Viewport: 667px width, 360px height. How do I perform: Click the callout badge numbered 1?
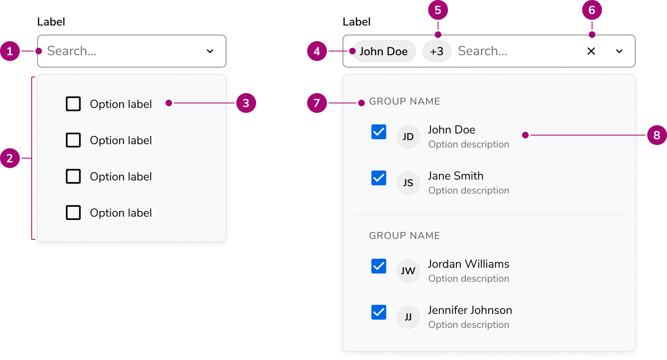click(10, 51)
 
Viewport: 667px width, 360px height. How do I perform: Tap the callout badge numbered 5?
click(438, 10)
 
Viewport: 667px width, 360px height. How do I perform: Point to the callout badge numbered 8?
click(657, 135)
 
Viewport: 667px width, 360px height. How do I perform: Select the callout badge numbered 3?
click(246, 103)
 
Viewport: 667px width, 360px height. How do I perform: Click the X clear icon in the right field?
click(591, 51)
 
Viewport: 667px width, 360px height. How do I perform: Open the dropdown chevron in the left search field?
click(210, 51)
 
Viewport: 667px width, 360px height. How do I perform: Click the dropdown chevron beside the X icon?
click(619, 51)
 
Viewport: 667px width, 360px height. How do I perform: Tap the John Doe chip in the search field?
click(384, 51)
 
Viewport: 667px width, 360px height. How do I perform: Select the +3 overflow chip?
click(436, 51)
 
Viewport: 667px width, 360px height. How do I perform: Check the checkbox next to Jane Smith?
click(379, 178)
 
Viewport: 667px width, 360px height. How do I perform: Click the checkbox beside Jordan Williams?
click(379, 266)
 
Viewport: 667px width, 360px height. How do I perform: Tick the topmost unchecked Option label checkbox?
click(73, 104)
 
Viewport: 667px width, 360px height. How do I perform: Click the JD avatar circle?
click(408, 137)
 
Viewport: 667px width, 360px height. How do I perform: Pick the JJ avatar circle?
click(408, 317)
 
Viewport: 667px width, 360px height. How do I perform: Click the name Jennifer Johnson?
click(470, 311)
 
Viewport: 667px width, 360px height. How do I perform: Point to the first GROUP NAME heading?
click(404, 101)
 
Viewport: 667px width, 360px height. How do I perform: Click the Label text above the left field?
click(51, 22)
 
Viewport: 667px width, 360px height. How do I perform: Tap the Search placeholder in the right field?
click(483, 51)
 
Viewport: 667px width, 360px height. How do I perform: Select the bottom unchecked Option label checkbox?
click(73, 213)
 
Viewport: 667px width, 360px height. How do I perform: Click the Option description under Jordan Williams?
click(469, 278)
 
